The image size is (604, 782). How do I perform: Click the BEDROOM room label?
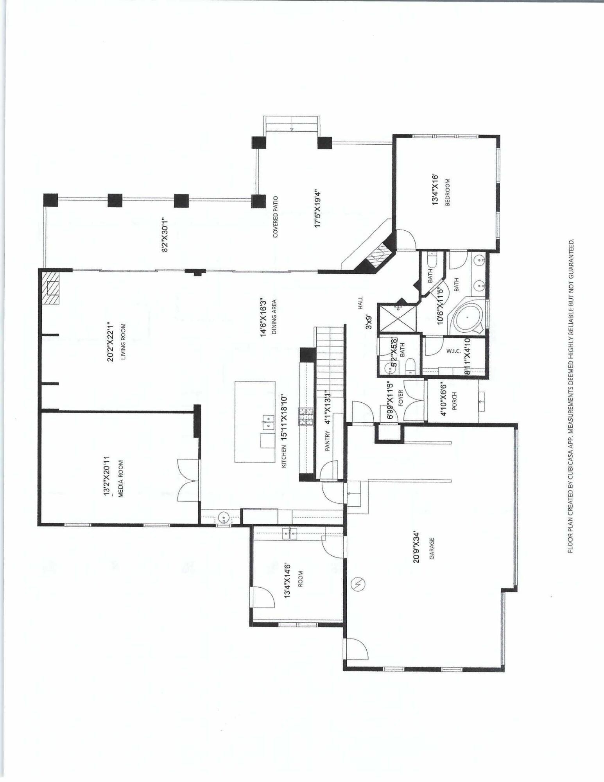coord(448,192)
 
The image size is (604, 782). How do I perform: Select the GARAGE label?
coord(432,549)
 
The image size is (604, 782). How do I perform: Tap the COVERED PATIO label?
coord(276,217)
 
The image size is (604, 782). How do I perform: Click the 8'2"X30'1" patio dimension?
coord(165,235)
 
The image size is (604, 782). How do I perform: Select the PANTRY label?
coord(328,441)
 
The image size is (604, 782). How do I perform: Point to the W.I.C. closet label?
coord(453,351)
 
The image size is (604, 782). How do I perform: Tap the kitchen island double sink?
coord(268,421)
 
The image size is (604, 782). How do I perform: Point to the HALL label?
coord(360,303)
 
